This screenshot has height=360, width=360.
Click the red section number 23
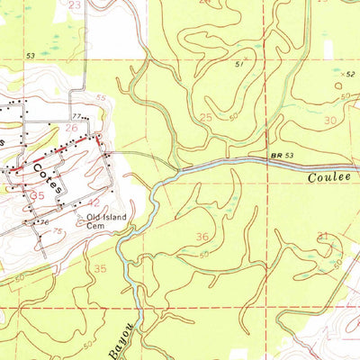(74, 5)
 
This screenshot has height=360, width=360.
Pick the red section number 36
(202, 237)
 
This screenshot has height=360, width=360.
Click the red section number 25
(206, 118)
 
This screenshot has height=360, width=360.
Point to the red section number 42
(93, 202)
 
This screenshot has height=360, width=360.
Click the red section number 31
(323, 236)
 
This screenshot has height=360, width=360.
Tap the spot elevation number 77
(77, 116)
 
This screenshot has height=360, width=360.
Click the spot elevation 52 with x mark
(350, 74)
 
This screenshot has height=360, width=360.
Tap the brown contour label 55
(100, 97)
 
